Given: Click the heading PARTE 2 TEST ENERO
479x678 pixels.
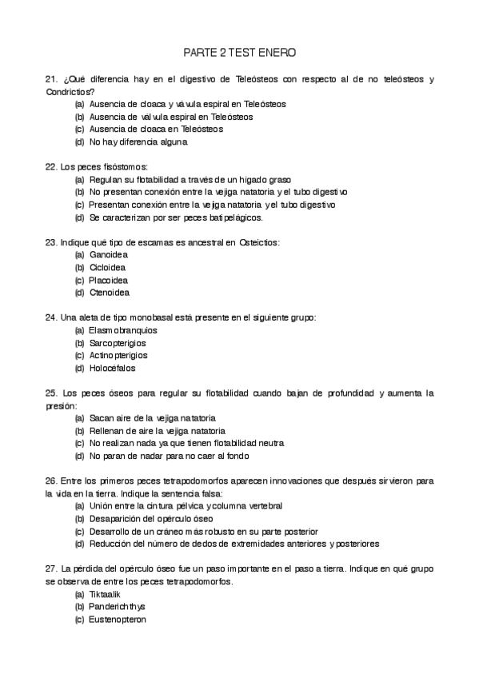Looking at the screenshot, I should tap(239, 53).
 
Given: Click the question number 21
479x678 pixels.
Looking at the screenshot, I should tap(51, 79).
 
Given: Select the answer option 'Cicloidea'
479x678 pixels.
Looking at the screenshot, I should tap(108, 267).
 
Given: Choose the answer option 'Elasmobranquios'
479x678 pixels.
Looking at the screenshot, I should tap(123, 329).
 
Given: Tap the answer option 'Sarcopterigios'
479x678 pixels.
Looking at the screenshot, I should tap(118, 342).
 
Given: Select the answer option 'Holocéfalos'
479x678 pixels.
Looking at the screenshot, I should tap(112, 368).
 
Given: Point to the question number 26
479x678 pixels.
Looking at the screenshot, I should tap(51, 481).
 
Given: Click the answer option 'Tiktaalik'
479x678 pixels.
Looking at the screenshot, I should tap(106, 593).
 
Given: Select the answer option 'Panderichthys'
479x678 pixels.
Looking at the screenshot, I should tap(117, 606).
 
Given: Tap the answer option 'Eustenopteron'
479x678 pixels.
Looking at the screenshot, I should tap(118, 619).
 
